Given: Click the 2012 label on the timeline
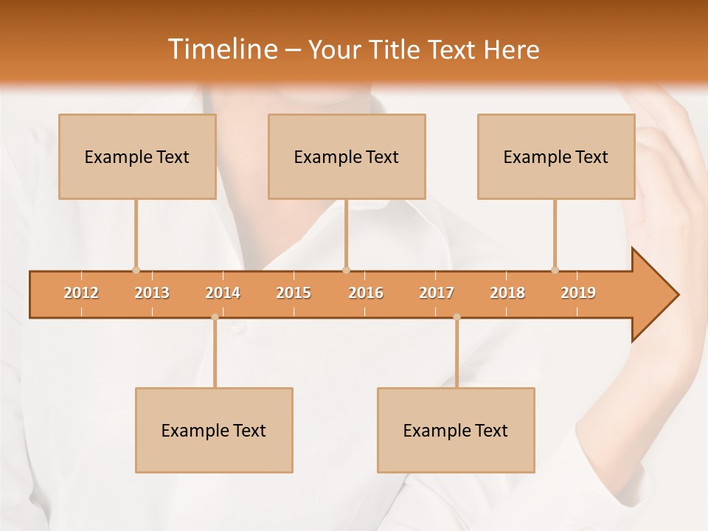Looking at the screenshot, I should pyautogui.click(x=81, y=293).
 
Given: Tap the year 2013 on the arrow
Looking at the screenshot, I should pyautogui.click(x=152, y=293).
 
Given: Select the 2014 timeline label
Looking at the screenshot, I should pyautogui.click(x=223, y=293).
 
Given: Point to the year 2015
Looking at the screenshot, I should pyautogui.click(x=294, y=293).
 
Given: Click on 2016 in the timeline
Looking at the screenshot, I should pyautogui.click(x=365, y=293).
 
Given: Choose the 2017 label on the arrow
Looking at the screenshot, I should pyautogui.click(x=437, y=293).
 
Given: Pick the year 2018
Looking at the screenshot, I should pyautogui.click(x=507, y=293).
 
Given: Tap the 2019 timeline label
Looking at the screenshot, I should pyautogui.click(x=578, y=293).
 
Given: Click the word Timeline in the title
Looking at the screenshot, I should pyautogui.click(x=221, y=49).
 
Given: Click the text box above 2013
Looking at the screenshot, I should pyautogui.click(x=137, y=156).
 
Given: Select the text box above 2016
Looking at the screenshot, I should pyautogui.click(x=347, y=156).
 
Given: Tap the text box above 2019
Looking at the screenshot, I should pyautogui.click(x=556, y=156).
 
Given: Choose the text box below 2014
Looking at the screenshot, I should pyautogui.click(x=214, y=430).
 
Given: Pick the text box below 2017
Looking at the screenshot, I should pyautogui.click(x=456, y=430).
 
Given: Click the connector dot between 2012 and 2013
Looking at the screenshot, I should pyautogui.click(x=136, y=270).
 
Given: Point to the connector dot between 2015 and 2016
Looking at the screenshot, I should pyautogui.click(x=346, y=270).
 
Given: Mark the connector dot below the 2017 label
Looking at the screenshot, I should pyautogui.click(x=457, y=317).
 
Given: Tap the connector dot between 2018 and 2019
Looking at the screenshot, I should pyautogui.click(x=555, y=270).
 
